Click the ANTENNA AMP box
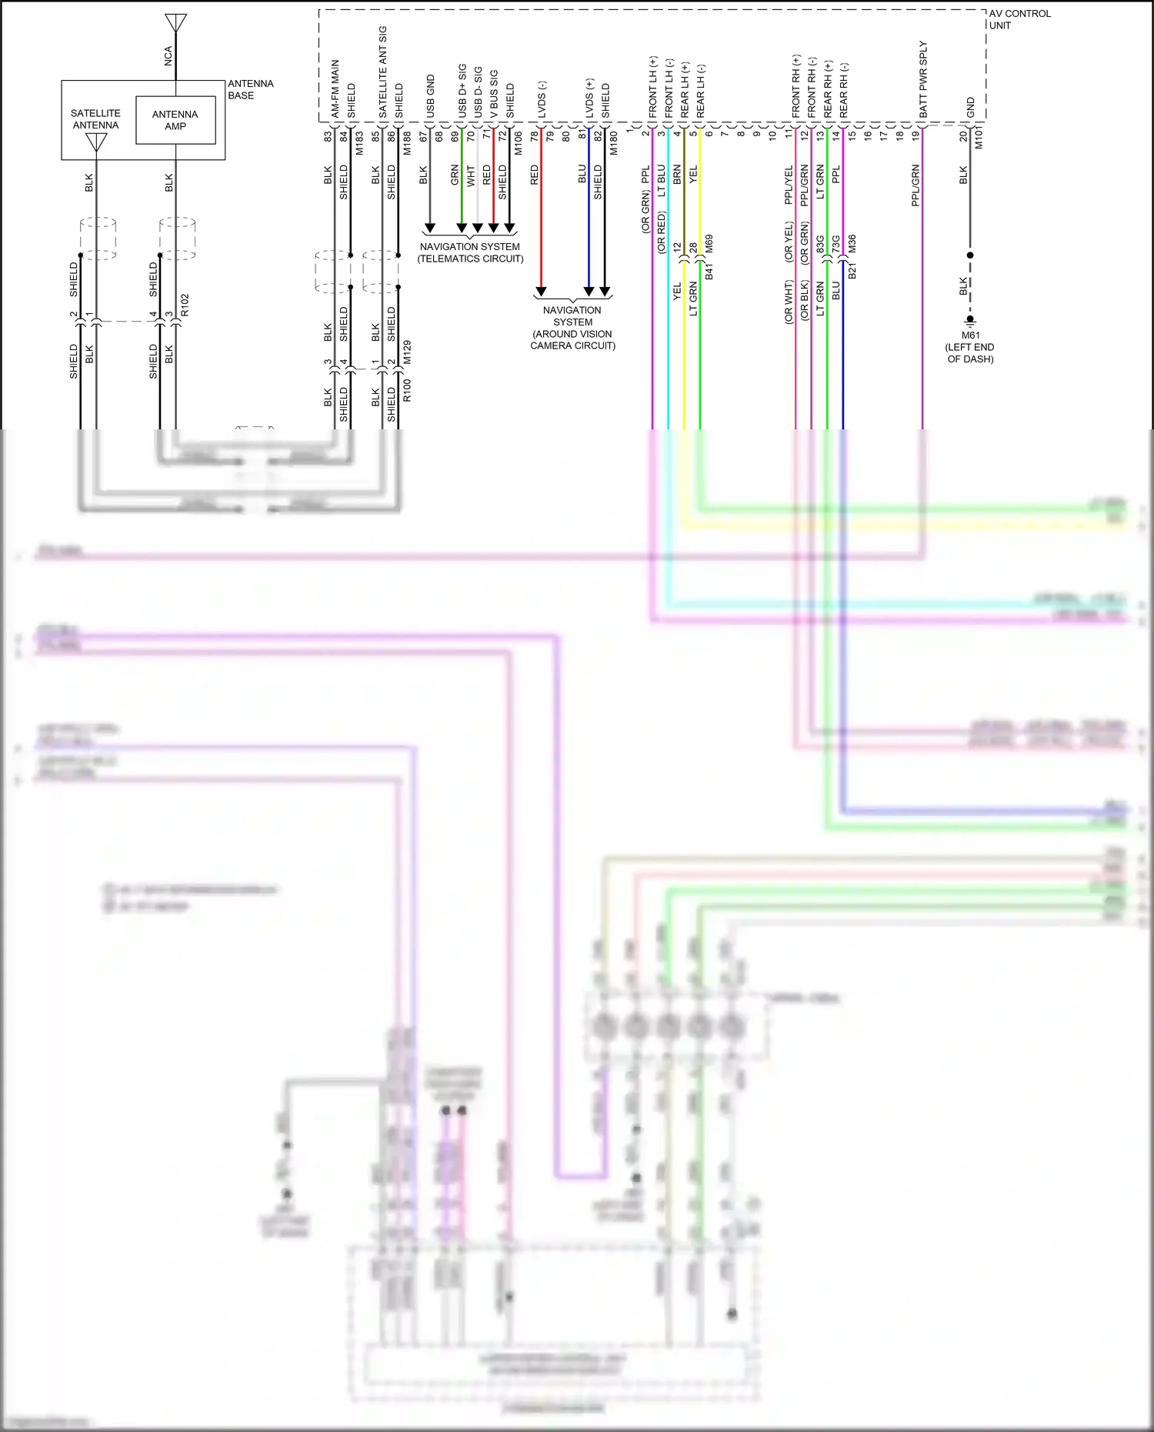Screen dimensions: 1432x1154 [175, 120]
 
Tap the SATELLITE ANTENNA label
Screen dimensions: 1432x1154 [95, 118]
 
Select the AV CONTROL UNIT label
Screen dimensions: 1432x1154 [1019, 19]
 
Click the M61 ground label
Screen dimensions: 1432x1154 [970, 335]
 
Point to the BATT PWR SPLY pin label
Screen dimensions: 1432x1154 [923, 79]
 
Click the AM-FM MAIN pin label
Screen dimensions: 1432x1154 [335, 88]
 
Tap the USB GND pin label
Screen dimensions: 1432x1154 [431, 96]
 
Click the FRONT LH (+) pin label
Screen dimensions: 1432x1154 [653, 87]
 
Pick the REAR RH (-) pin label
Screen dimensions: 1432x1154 [844, 90]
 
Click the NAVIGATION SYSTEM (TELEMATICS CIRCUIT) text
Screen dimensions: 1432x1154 [470, 252]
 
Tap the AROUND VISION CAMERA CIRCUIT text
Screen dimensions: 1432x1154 [572, 340]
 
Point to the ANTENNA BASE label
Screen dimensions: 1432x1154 [250, 89]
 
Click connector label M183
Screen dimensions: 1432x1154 [359, 142]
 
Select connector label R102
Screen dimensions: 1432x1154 [185, 305]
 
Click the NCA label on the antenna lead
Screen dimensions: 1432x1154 [168, 55]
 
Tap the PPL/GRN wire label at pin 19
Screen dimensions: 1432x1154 [916, 185]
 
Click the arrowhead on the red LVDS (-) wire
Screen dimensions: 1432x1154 [541, 292]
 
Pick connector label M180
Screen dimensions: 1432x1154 [614, 143]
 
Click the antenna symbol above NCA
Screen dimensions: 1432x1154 [176, 23]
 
